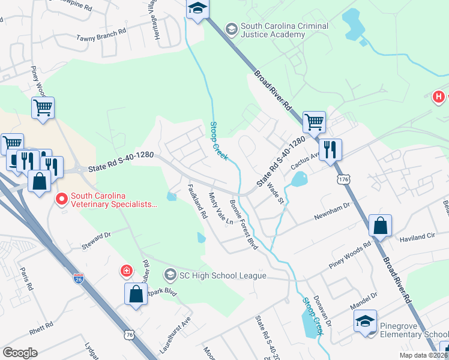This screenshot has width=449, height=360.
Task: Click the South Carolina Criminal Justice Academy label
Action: pyautogui.click(x=284, y=30)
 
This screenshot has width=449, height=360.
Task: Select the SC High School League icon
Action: pyautogui.click(x=170, y=275)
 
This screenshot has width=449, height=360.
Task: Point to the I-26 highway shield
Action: pyautogui.click(x=79, y=278)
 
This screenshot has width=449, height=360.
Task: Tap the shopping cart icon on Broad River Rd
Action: pyautogui.click(x=314, y=122)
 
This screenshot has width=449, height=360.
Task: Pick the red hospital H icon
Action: pyautogui.click(x=439, y=96)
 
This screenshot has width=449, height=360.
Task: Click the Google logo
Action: pyautogui.click(x=20, y=353)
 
